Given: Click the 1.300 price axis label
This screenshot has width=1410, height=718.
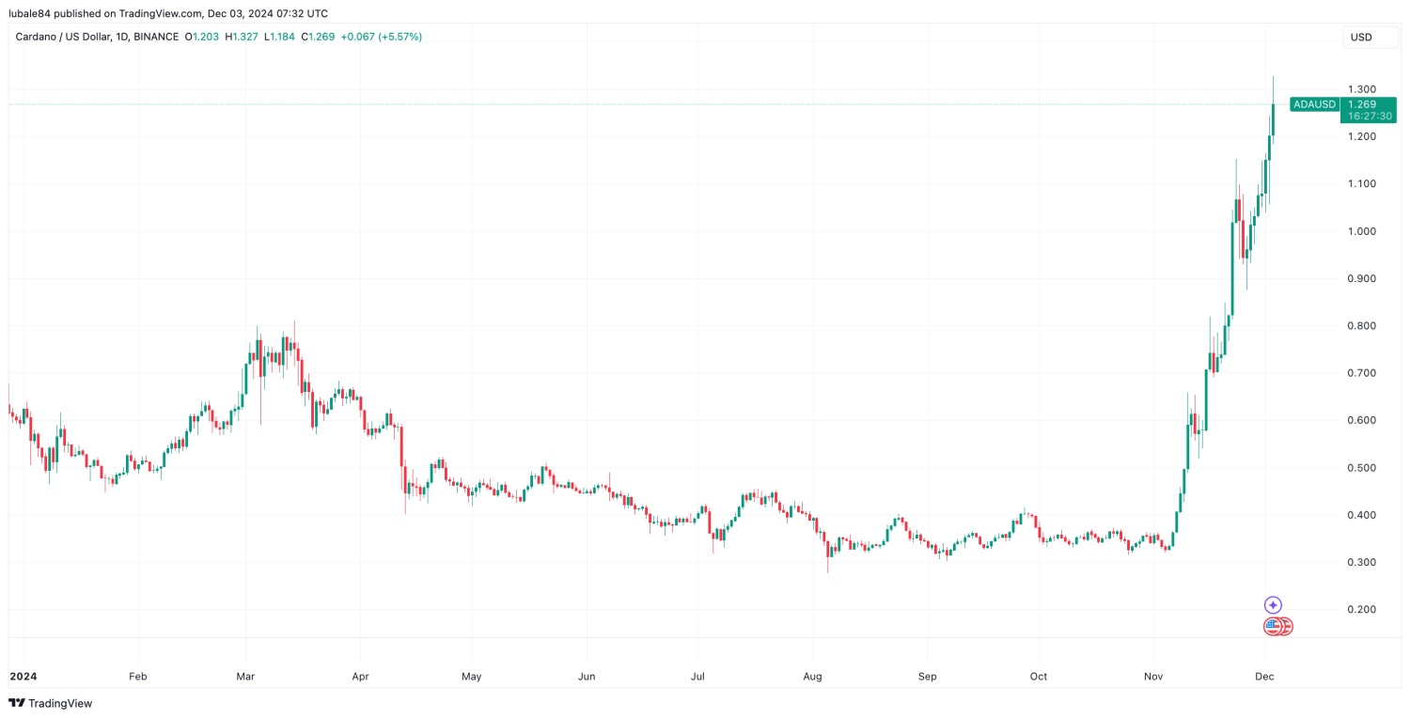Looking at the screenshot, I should (1362, 89).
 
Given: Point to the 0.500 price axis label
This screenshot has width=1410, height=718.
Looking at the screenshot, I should (1362, 468).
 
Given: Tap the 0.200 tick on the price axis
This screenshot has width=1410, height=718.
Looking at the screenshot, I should (1362, 610).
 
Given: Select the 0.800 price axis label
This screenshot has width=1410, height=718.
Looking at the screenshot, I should (1362, 326).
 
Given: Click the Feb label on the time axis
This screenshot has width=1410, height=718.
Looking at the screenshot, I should (138, 676).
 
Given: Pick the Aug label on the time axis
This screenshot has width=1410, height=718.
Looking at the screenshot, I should (813, 676).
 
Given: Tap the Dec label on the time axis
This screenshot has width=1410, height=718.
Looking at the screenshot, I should (1264, 676).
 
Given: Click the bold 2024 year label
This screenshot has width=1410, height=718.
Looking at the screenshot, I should (23, 676).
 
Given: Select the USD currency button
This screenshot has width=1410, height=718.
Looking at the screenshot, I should (1361, 37).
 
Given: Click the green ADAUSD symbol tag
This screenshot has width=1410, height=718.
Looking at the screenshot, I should (1314, 104).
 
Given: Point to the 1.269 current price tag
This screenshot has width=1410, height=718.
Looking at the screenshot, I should (1362, 104).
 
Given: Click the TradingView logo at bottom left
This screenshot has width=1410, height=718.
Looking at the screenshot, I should (51, 703).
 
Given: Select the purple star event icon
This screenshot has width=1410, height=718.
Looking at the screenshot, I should (1273, 605).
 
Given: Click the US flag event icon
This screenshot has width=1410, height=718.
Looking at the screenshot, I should (1273, 626).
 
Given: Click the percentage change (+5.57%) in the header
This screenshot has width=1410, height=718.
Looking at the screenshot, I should (399, 37).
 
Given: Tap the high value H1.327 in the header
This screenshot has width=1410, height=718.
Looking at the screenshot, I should (243, 37).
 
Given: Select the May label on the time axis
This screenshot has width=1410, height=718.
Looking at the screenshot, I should (472, 676).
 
